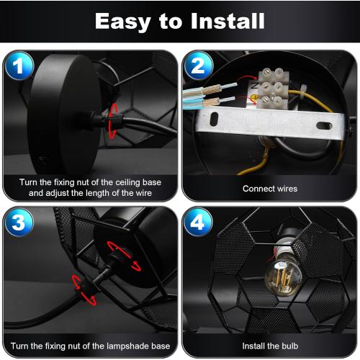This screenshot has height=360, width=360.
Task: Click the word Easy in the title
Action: click(123, 22)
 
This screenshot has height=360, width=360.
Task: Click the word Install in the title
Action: click(228, 21)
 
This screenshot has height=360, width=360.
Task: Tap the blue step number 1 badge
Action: click(19, 66)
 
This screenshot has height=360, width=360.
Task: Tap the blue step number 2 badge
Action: click(198, 66)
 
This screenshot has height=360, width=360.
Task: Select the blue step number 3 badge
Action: click(19, 222)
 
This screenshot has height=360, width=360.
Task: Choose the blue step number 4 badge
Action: click(198, 222)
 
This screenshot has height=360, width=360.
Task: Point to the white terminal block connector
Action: click(273, 89)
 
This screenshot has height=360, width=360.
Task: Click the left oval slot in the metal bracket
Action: click(214, 119)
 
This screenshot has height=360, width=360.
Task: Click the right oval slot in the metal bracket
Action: click(324, 125)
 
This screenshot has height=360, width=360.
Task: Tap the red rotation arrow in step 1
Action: click(112, 121)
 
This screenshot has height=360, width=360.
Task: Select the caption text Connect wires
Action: click(270, 189)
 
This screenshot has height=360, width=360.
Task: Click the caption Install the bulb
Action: click(270, 346)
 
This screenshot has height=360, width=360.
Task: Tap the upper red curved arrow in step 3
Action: click(123, 256)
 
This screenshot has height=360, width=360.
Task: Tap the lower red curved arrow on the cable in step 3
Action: click(84, 290)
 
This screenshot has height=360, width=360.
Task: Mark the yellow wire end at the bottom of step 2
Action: click(240, 173)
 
